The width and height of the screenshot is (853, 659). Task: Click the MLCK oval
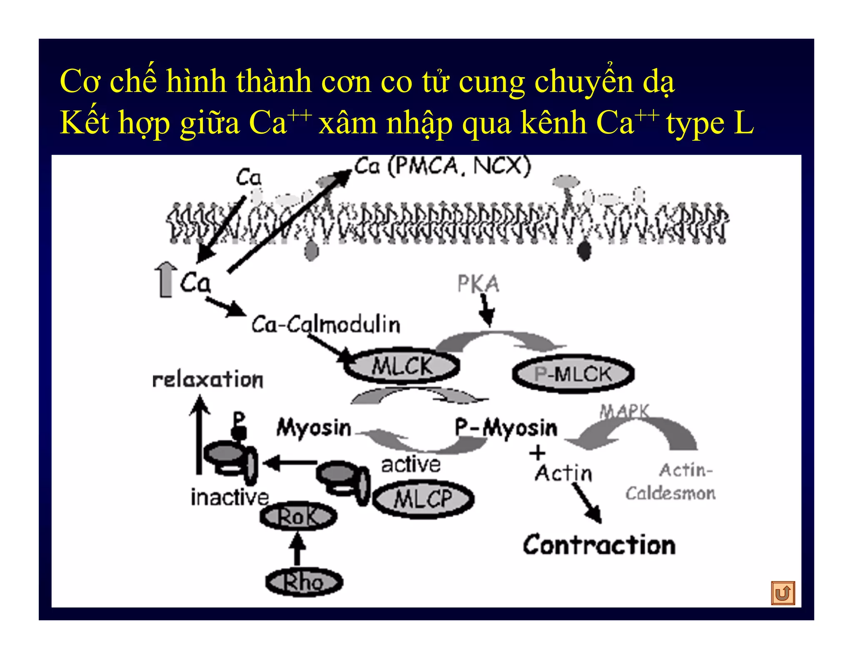pos(402,366)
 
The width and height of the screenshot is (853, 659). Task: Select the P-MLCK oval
pos(573,374)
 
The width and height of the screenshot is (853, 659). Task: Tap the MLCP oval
pos(423,499)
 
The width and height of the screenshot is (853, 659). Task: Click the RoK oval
pos(298,517)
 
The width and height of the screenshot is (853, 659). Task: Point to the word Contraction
pos(599,545)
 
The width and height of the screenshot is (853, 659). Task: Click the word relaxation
pos(208,379)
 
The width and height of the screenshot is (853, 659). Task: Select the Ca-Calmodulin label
pos(326,325)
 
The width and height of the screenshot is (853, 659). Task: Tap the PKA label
pos(478,284)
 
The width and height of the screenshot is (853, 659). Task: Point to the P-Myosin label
pos(506,428)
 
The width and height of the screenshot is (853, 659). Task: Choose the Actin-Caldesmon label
pos(671,482)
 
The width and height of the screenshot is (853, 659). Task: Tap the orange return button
pos(783,592)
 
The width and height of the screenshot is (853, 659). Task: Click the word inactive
pos(229,497)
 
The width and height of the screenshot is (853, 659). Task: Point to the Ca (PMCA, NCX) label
pos(442,166)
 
